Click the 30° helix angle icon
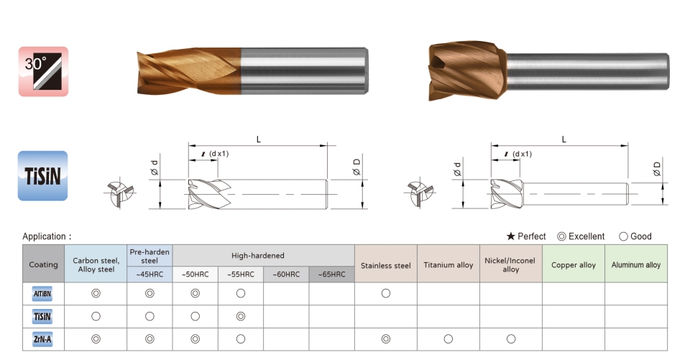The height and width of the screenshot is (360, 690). [43, 71]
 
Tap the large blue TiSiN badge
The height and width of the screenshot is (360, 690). [42, 175]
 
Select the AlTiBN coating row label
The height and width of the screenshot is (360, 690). [42, 294]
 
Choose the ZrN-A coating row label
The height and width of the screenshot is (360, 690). [42, 339]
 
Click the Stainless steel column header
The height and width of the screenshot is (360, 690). [385, 265]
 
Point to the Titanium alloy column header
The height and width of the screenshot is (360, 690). [448, 265]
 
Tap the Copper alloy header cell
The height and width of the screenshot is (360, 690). [574, 265]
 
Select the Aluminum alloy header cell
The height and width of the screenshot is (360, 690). [636, 265]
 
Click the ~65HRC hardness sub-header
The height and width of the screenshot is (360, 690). [332, 274]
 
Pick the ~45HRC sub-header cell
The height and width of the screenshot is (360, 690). [149, 274]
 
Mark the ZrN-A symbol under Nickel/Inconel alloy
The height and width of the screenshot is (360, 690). [511, 339]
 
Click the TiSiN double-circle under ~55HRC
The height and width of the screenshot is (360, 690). [241, 316]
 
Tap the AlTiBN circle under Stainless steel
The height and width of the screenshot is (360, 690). [386, 293]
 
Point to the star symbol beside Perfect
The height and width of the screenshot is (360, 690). [510, 236]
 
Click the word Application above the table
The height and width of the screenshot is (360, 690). [44, 236]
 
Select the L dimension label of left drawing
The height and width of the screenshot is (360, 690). [258, 139]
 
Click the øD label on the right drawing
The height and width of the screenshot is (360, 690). [657, 169]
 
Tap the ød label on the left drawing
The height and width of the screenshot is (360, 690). [154, 167]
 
